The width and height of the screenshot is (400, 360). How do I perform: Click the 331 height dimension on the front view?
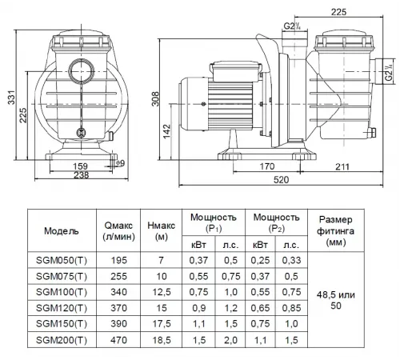click(11, 98)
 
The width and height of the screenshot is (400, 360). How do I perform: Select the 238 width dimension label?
click(81, 175)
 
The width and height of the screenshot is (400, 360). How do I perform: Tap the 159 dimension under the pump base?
click(80, 166)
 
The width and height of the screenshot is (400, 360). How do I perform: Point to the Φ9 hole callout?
click(120, 163)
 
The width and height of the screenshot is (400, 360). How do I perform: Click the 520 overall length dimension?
click(281, 180)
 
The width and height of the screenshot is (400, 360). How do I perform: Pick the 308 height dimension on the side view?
click(155, 99)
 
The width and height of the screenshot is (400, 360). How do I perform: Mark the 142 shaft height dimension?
click(166, 131)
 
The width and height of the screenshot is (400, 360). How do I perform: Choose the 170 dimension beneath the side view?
click(267, 166)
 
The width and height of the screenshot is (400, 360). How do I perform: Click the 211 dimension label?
click(342, 167)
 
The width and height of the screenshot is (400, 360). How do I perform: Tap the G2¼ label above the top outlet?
click(292, 26)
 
